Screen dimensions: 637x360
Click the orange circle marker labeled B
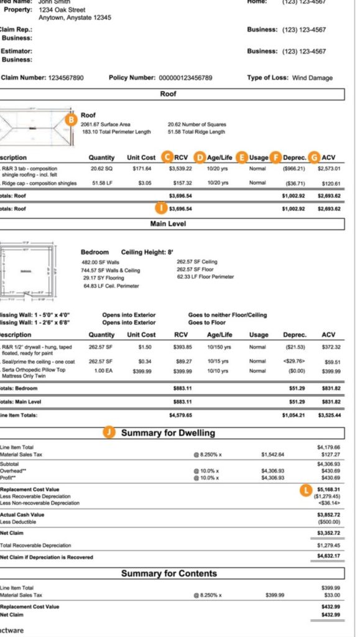[x=72, y=118]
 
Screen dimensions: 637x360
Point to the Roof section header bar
[x=168, y=94]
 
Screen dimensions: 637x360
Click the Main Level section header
[x=168, y=223]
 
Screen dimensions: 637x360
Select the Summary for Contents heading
[x=168, y=573]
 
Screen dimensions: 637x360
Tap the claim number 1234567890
[x=59, y=78]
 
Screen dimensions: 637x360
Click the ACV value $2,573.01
[x=329, y=169]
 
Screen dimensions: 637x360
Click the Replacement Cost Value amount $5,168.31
[x=328, y=489]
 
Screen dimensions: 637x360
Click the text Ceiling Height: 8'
[x=147, y=252]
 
